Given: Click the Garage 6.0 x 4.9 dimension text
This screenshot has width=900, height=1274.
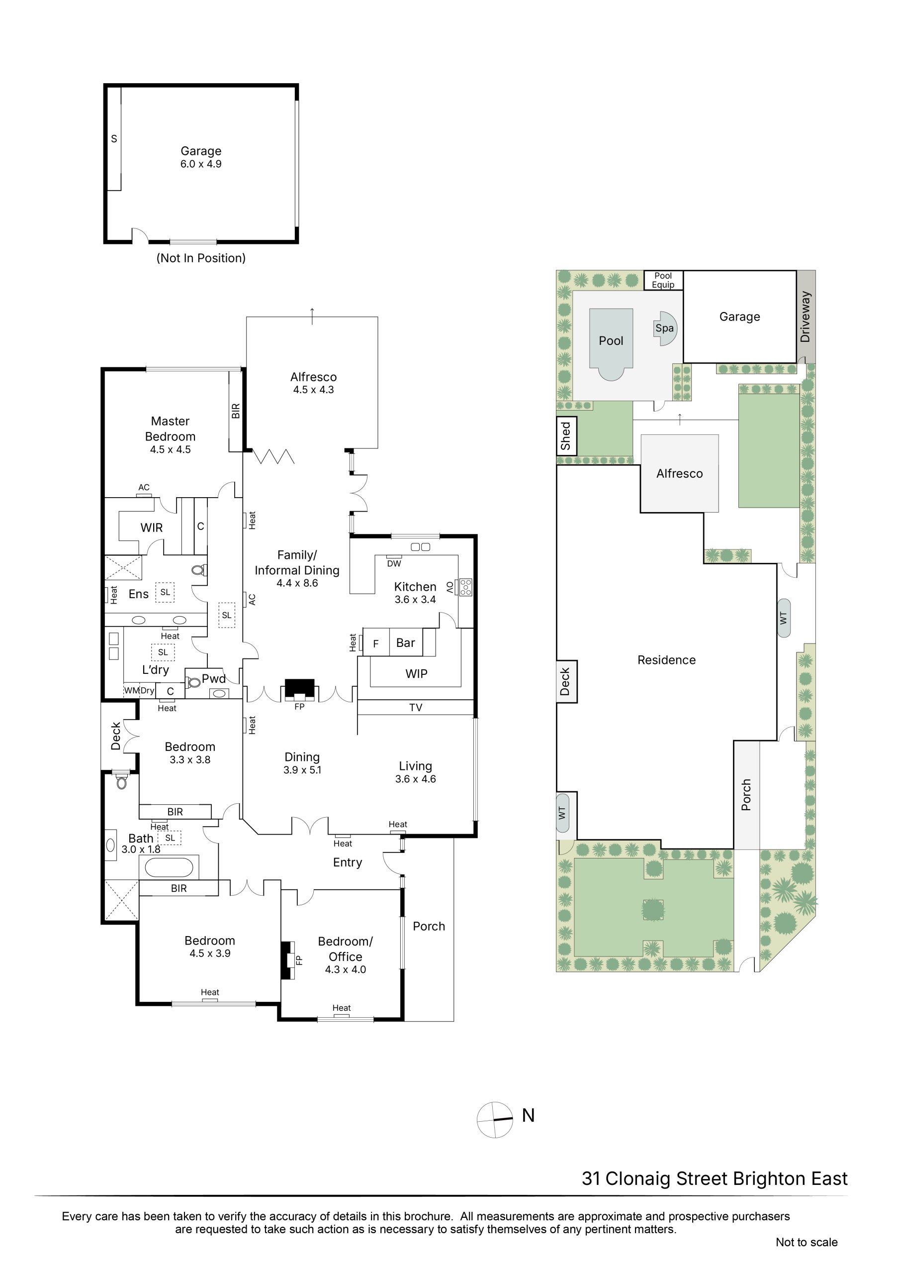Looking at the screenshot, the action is pyautogui.click(x=201, y=164).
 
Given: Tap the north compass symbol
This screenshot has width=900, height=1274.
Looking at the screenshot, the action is pyautogui.click(x=495, y=1120).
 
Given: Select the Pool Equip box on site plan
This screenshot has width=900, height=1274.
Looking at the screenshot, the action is pyautogui.click(x=663, y=280).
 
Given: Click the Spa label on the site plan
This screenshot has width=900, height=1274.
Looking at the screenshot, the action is pyautogui.click(x=664, y=328).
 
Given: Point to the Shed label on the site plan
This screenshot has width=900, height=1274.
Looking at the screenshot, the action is pyautogui.click(x=566, y=436).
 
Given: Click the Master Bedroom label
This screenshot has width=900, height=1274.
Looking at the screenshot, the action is pyautogui.click(x=170, y=429).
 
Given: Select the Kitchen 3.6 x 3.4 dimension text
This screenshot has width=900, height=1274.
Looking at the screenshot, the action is pyautogui.click(x=415, y=600).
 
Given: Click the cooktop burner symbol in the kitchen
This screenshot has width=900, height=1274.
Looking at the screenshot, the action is pyautogui.click(x=465, y=587).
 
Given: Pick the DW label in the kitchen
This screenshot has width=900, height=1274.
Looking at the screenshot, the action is pyautogui.click(x=394, y=564).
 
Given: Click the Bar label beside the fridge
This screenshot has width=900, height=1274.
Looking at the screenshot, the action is pyautogui.click(x=405, y=642).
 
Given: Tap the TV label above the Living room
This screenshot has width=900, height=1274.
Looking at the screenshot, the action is pyautogui.click(x=416, y=708).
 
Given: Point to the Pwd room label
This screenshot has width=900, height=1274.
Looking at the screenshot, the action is pyautogui.click(x=213, y=679).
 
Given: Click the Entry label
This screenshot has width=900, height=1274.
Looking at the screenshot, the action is pyautogui.click(x=348, y=862).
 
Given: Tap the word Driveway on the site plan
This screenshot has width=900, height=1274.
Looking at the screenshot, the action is pyautogui.click(x=805, y=317).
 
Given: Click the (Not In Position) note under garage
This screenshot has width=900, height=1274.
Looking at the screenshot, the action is pyautogui.click(x=201, y=258).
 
